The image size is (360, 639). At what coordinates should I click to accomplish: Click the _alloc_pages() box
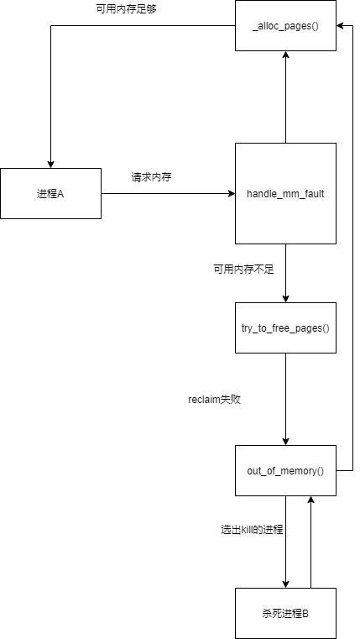(x=285, y=26)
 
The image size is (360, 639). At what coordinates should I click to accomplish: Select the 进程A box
(x=50, y=194)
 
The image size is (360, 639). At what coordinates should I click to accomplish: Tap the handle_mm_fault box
(x=285, y=194)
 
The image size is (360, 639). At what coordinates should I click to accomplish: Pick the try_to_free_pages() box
(x=285, y=327)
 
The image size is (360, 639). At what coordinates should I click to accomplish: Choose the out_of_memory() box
(x=285, y=471)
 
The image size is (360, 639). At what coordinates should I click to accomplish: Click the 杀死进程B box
(x=285, y=613)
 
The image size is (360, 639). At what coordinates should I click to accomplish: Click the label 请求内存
(x=151, y=178)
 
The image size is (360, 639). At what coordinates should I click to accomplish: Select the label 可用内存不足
(x=243, y=270)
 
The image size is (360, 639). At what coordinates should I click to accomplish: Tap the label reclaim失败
(x=215, y=401)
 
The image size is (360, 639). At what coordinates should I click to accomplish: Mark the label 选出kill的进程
(x=252, y=530)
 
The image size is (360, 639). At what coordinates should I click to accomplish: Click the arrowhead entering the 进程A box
(x=50, y=165)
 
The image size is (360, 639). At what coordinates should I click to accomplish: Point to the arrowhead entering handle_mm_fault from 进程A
(x=232, y=194)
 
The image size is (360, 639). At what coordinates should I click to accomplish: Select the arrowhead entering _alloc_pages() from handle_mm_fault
(x=285, y=55)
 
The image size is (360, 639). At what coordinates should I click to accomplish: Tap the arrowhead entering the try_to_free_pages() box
(x=285, y=299)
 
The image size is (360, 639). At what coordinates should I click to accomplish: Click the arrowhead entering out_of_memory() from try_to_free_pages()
(x=285, y=442)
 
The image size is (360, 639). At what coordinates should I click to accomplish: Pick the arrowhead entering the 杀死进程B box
(x=285, y=584)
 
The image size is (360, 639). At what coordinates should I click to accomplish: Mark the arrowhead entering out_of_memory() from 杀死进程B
(x=310, y=500)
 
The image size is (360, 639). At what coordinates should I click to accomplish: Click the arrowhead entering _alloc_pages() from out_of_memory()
(x=341, y=26)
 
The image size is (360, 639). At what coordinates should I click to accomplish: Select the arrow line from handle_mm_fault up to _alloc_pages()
(x=285, y=97)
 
